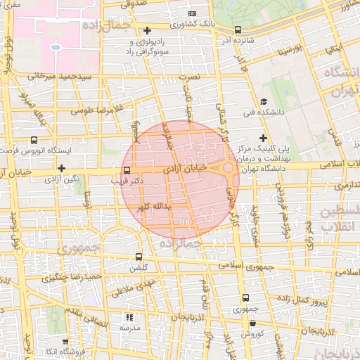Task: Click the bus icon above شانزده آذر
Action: [238, 30]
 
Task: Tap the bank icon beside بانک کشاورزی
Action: [193, 14]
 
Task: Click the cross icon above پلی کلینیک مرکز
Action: [263, 138]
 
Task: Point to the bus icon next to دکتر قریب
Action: [127, 170]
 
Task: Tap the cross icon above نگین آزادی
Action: [62, 168]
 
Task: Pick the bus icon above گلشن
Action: [138, 257]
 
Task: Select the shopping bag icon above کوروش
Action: [252, 323]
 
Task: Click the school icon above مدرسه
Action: [128, 317]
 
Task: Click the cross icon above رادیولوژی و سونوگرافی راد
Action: [146, 30]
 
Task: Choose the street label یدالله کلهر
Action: [153, 207]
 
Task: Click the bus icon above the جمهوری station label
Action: [245, 298]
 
